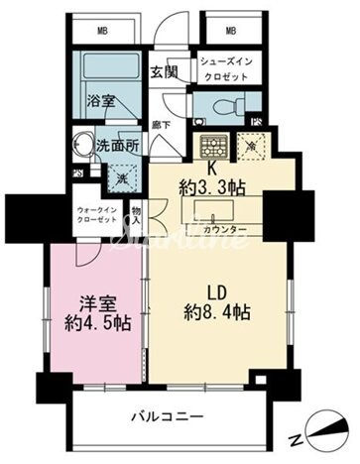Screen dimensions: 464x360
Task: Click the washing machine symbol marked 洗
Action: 120,178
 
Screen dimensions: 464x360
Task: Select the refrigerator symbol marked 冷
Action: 253,146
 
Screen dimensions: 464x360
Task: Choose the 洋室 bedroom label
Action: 98,303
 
